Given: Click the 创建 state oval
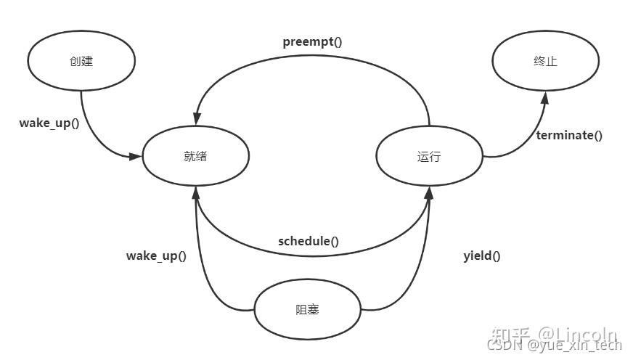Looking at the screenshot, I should (x=81, y=61).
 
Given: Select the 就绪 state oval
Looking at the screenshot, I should (x=195, y=156).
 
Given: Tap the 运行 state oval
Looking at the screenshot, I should (x=429, y=156).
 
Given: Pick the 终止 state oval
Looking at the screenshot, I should (x=545, y=61).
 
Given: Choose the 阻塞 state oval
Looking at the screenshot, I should (x=308, y=310).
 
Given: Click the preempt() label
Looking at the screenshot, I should (x=312, y=41).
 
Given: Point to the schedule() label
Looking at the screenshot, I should (x=309, y=241).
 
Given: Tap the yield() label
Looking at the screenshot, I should (x=482, y=255).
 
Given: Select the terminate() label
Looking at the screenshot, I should (x=569, y=135).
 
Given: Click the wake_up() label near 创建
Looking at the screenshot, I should (x=49, y=123).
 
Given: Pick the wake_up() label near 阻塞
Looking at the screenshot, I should (x=156, y=255).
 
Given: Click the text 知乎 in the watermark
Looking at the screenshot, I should (x=510, y=335).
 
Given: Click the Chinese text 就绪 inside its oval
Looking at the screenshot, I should (x=195, y=156).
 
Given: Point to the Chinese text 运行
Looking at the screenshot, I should (x=429, y=156).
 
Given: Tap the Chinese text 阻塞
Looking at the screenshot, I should (x=308, y=310).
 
